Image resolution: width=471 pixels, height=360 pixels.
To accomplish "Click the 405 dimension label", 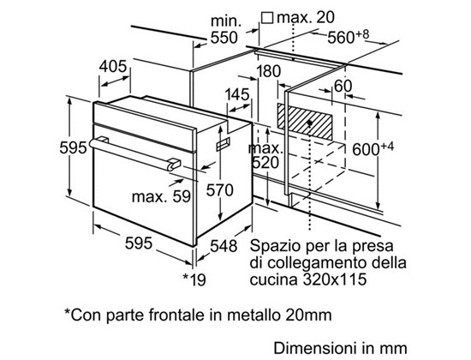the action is [x=113, y=67].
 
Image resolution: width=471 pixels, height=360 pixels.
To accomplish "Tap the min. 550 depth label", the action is [x=224, y=29].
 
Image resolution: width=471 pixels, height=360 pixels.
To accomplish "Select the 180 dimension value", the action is [x=268, y=71].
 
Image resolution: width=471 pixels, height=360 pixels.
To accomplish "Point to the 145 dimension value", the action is [x=237, y=94].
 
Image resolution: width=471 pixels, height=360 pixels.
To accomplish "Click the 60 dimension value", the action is [x=343, y=86].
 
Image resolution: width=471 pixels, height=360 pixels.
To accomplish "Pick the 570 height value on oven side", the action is [x=219, y=190].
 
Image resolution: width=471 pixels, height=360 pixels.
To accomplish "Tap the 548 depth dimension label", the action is [x=224, y=246].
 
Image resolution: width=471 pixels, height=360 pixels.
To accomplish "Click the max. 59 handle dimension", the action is [x=161, y=196].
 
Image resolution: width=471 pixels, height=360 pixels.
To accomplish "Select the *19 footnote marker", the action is [x=194, y=279].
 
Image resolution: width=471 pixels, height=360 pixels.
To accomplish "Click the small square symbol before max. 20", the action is [x=266, y=18].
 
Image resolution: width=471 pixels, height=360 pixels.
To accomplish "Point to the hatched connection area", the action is [x=304, y=122].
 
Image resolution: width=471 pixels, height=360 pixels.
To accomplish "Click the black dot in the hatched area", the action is [x=309, y=123].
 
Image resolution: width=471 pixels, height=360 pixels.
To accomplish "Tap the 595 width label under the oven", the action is [x=139, y=243].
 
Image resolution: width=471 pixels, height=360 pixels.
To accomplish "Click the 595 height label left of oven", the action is [x=73, y=147].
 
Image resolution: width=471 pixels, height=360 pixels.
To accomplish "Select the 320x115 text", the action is [x=335, y=279].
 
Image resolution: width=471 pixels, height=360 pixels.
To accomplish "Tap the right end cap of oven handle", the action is [x=174, y=165].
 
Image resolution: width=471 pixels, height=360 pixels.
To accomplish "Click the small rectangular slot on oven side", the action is [x=223, y=144].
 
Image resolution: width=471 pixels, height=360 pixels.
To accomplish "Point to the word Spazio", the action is [x=275, y=246].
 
